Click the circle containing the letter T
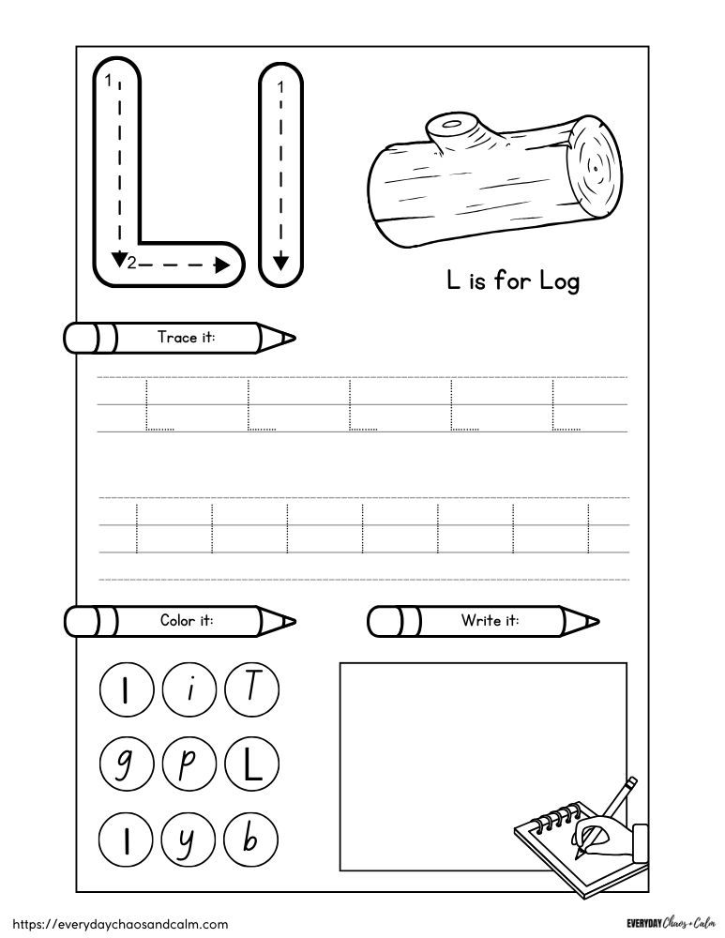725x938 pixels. pyautogui.click(x=250, y=692)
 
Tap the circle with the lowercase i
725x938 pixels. pyautogui.click(x=187, y=692)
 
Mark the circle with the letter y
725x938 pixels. pyautogui.click(x=187, y=837)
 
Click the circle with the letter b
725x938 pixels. pyautogui.click(x=250, y=837)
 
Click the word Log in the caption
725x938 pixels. pyautogui.click(x=559, y=280)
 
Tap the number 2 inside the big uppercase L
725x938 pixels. pyautogui.click(x=132, y=265)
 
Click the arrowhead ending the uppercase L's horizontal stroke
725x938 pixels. pyautogui.click(x=223, y=265)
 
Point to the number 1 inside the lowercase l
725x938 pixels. pyautogui.click(x=279, y=87)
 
